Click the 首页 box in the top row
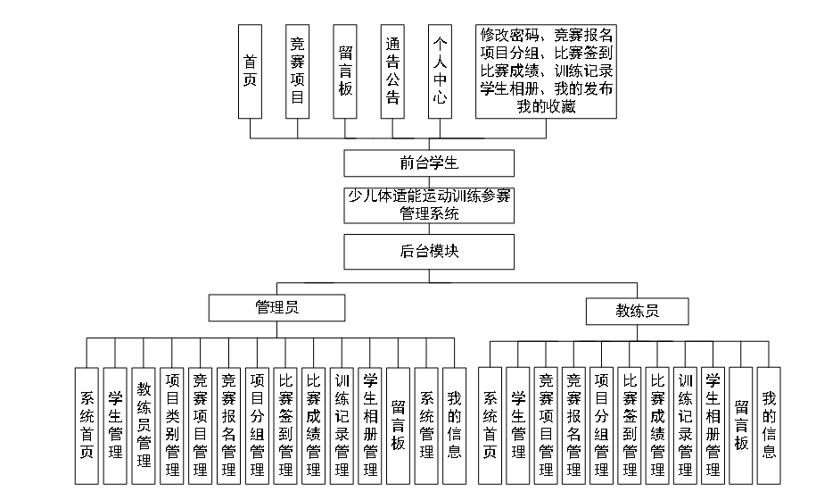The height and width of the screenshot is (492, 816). [x=251, y=71]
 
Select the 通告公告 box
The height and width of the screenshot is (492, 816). [x=392, y=71]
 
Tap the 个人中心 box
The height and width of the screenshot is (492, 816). [x=440, y=71]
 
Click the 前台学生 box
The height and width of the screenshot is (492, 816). [x=429, y=163]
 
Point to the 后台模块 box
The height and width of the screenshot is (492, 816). [x=429, y=252]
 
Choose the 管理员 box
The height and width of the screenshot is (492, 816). [x=276, y=308]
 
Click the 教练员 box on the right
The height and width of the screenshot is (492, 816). [x=638, y=311]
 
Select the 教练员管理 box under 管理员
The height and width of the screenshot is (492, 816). [x=143, y=425]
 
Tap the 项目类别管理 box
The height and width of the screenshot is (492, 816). [x=172, y=425]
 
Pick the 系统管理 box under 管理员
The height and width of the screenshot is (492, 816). [x=426, y=425]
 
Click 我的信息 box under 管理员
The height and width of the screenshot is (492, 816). [x=454, y=425]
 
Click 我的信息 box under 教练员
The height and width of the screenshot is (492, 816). [x=768, y=425]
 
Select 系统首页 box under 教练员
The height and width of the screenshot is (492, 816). [x=490, y=425]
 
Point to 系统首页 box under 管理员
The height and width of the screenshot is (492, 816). [x=87, y=425]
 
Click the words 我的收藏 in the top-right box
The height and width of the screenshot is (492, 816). [x=546, y=106]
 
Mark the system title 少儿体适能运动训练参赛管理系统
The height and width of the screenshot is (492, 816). [x=429, y=204]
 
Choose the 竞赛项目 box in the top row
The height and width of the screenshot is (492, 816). [x=298, y=71]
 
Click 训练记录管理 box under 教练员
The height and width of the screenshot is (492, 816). [x=685, y=425]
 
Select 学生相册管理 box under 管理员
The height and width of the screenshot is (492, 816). [x=371, y=425]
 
